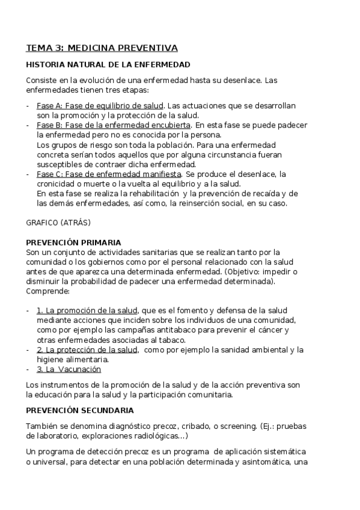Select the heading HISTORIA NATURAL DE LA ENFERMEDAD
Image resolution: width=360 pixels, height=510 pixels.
pos(108,64)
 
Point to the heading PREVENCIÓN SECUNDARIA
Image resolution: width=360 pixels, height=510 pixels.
pos(80,411)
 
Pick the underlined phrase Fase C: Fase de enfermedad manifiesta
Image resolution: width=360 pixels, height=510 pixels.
pos(109,174)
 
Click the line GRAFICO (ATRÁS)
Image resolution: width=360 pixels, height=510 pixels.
pos(58,223)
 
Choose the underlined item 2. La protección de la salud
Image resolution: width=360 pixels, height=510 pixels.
pos(87,349)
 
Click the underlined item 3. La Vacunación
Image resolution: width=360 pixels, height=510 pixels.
pos(69,369)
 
